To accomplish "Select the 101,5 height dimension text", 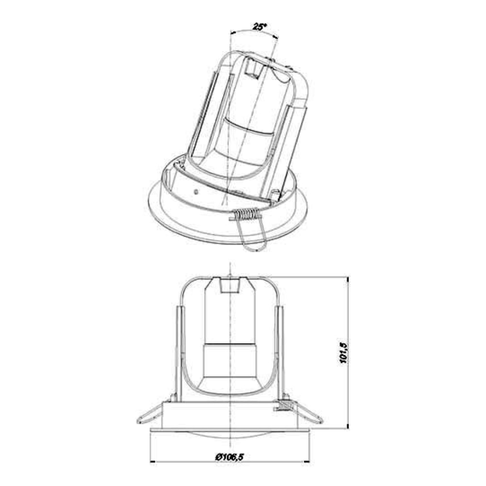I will (x=344, y=352).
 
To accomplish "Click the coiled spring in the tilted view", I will (x=246, y=214).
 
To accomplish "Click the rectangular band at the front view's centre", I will (x=229, y=360).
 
